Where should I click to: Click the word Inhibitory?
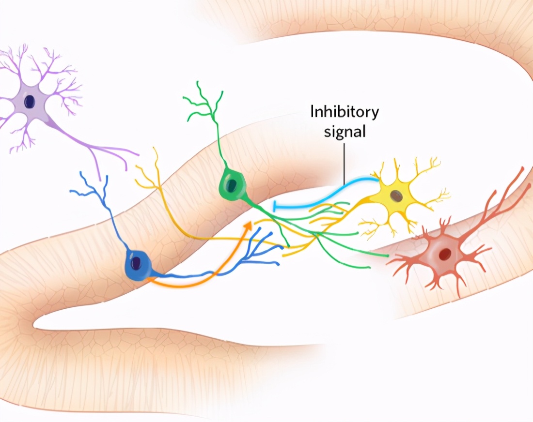point(345,112)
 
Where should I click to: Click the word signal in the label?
point(345,131)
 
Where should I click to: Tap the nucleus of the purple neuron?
point(30,101)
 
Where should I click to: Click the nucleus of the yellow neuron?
point(397,196)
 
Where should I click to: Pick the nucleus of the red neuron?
point(444,254)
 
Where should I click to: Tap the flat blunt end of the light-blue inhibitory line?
point(275,206)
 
